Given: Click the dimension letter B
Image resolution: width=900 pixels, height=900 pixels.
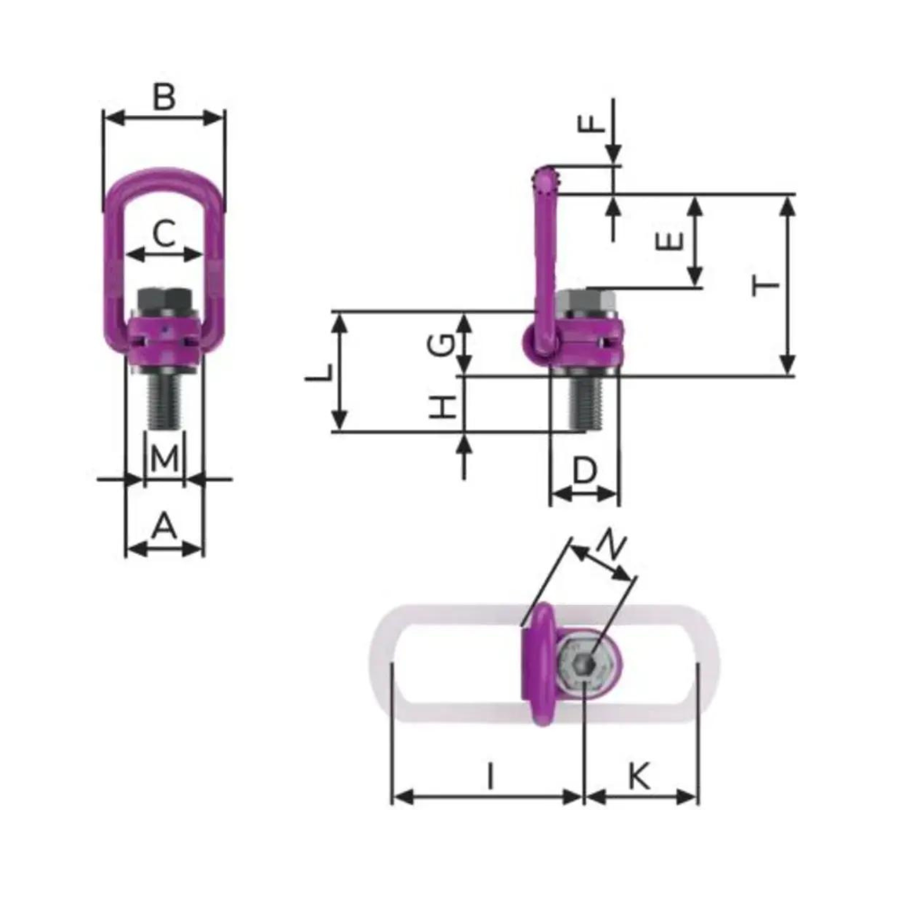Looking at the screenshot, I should pyautogui.click(x=163, y=96).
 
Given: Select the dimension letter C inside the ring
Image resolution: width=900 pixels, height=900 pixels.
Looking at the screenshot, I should pyautogui.click(x=163, y=234).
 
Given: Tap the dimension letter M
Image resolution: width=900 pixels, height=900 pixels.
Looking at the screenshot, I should pyautogui.click(x=164, y=459).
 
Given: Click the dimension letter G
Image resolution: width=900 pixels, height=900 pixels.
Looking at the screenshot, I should pyautogui.click(x=441, y=343).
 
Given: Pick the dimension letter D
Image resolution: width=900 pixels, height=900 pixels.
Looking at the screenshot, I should pyautogui.click(x=585, y=470).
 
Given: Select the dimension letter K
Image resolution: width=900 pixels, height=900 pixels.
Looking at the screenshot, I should pyautogui.click(x=639, y=775).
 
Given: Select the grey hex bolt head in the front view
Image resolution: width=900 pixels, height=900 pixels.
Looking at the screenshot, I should pyautogui.click(x=162, y=299).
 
